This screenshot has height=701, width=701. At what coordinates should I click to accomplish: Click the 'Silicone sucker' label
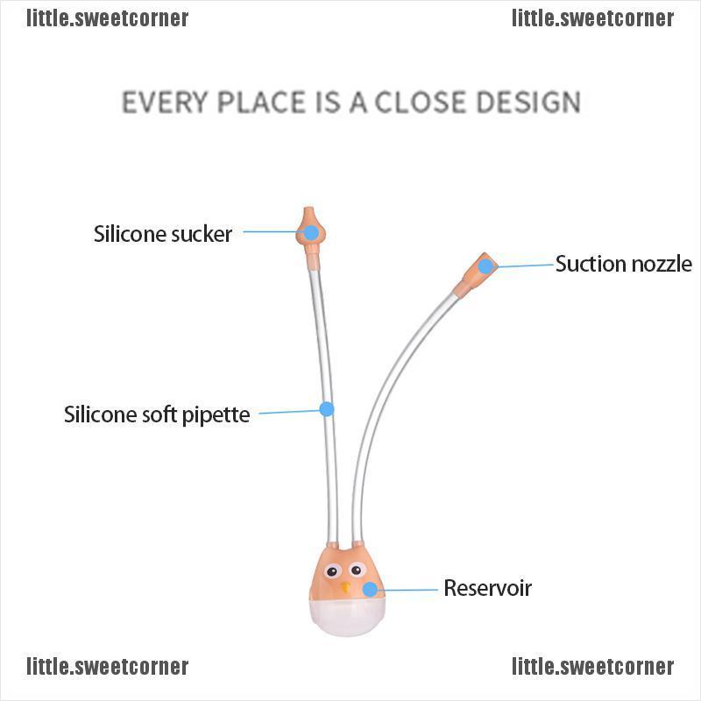[x=163, y=234]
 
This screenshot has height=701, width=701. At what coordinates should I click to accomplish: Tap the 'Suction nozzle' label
[x=624, y=264]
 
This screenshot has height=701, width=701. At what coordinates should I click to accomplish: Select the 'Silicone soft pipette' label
[x=157, y=414]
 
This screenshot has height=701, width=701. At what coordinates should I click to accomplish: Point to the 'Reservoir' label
[x=488, y=588]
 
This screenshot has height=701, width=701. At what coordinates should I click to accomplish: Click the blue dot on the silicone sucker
[x=311, y=232]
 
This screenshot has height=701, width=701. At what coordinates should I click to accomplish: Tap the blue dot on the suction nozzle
[x=485, y=266]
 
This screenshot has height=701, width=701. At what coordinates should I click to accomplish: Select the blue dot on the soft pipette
[x=327, y=408]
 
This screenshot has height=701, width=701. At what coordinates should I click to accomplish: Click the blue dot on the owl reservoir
[x=370, y=590]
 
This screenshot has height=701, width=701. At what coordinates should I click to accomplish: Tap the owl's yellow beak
[x=345, y=587]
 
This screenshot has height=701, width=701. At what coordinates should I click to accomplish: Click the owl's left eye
[x=332, y=571]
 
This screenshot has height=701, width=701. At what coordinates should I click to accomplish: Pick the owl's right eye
[x=357, y=570]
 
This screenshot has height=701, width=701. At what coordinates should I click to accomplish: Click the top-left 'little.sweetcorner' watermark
[x=107, y=18]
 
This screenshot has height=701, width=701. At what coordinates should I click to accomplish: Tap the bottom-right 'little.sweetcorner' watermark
[x=593, y=667]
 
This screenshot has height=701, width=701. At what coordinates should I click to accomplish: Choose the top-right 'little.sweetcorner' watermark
[x=593, y=18]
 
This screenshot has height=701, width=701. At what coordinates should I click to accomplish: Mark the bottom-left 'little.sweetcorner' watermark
[x=107, y=667]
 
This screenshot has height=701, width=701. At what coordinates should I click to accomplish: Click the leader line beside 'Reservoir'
[x=407, y=590]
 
